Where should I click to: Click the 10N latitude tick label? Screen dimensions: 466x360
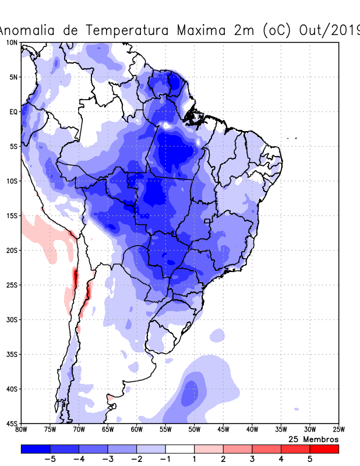tap(12, 43)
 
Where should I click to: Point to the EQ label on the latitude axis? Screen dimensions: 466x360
tap(13, 112)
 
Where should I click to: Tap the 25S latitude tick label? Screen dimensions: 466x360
tap(12, 285)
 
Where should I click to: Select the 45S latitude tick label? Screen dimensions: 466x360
tap(12, 423)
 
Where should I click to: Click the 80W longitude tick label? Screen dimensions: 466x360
tap(22, 430)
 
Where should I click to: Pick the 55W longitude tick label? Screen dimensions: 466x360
tap(165, 430)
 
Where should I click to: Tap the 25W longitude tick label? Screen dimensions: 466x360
tap(338, 430)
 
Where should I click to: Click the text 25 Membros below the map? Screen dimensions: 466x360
tap(313, 439)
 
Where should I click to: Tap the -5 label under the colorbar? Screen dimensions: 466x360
tap(48, 459)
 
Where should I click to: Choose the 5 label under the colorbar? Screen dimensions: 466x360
tap(310, 459)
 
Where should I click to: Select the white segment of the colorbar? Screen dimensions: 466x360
tap(180, 449)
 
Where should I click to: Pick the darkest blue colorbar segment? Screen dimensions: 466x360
tap(36, 449)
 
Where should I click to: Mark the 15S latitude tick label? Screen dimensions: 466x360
tap(12, 216)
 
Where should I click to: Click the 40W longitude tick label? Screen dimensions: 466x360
tap(252, 430)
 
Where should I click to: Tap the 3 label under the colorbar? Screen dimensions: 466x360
tap(252, 459)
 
